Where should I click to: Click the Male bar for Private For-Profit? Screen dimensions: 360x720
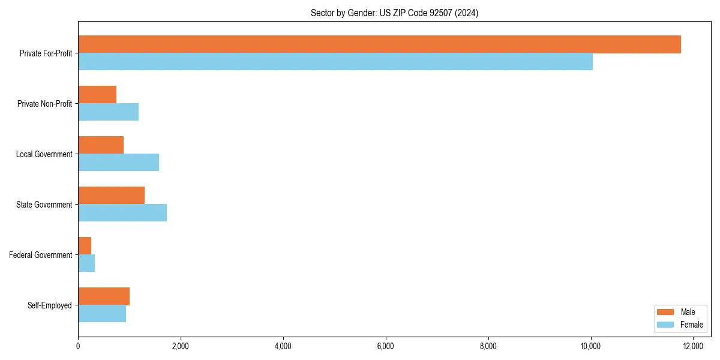pyautogui.click(x=379, y=44)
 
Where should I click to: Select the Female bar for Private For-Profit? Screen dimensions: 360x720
pyautogui.click(x=335, y=61)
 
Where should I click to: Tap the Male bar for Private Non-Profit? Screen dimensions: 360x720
pyautogui.click(x=97, y=95)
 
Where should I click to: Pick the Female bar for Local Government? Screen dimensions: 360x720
pyautogui.click(x=118, y=162)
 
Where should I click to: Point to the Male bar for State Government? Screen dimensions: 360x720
pyautogui.click(x=111, y=196)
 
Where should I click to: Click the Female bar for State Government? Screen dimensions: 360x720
pyautogui.click(x=122, y=212)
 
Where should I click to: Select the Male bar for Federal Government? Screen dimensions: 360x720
pyautogui.click(x=85, y=246)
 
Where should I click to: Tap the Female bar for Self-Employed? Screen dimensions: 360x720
pyautogui.click(x=102, y=313)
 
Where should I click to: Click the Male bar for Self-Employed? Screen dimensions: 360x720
pyautogui.click(x=104, y=296)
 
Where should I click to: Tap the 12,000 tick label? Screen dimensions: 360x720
pyautogui.click(x=693, y=346)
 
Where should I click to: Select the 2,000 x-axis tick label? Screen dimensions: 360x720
pyautogui.click(x=180, y=346)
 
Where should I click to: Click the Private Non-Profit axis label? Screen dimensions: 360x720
pyautogui.click(x=44, y=104)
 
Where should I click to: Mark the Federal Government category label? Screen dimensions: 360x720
pyautogui.click(x=40, y=255)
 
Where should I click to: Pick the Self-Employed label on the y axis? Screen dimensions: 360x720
pyautogui.click(x=49, y=305)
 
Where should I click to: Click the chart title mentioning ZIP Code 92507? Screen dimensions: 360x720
pyautogui.click(x=394, y=13)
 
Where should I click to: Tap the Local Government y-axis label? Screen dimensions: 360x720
pyautogui.click(x=44, y=154)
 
